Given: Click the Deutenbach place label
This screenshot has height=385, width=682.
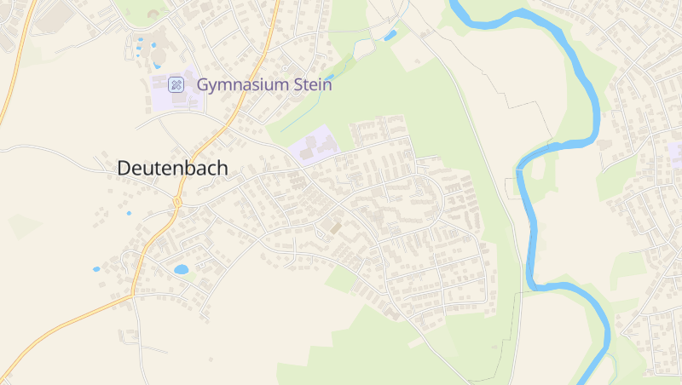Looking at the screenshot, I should (172, 169).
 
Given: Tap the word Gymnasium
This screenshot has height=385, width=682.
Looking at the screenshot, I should (240, 84).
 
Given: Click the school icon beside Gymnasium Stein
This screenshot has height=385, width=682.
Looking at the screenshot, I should (176, 83).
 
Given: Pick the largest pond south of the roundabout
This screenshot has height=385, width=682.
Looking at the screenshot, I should (181, 269).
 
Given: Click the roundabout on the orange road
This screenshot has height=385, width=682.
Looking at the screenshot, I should (177, 202).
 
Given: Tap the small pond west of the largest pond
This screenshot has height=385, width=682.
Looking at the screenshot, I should (96, 269).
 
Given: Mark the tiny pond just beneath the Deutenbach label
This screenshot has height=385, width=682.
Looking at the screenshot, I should (130, 213).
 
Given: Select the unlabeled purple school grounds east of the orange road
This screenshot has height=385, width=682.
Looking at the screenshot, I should (312, 145).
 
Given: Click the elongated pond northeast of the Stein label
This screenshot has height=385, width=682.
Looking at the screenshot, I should (390, 35).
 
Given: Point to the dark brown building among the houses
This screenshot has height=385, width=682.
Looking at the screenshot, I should (335, 228).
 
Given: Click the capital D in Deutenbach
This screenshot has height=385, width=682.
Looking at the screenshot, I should (124, 169).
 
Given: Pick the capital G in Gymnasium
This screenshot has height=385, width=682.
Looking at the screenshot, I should (203, 84).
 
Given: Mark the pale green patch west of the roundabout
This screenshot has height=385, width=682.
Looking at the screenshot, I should (23, 226).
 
